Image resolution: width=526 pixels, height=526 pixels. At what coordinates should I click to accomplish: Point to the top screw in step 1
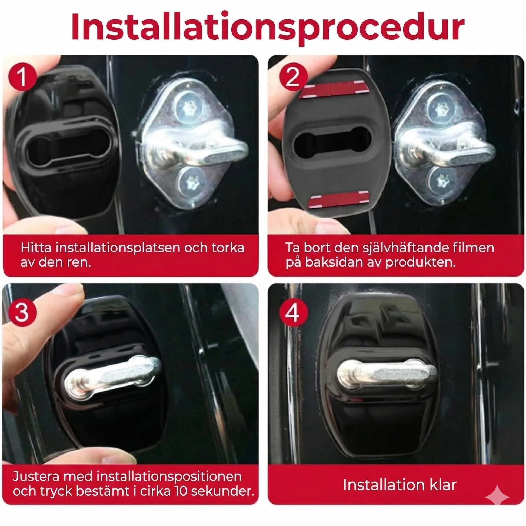(188, 107)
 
